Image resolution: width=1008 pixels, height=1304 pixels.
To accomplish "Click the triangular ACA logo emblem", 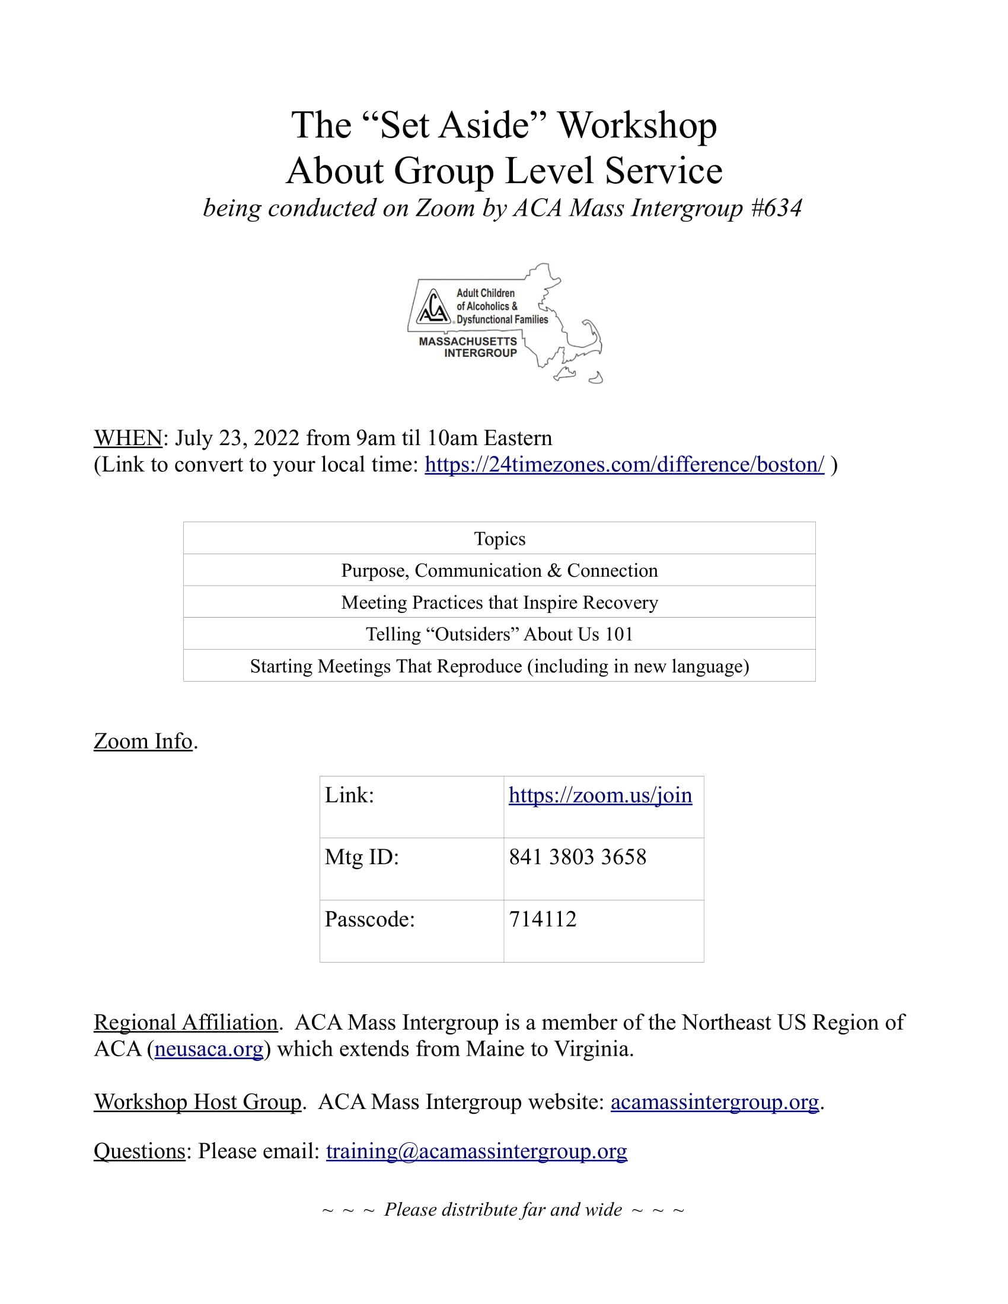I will point(433,306).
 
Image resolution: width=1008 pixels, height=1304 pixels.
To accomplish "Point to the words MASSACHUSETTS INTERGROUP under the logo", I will point(468,347).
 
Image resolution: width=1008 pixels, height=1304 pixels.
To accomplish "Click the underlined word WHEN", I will point(128,437).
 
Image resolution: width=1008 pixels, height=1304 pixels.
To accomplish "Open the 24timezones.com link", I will point(624,465).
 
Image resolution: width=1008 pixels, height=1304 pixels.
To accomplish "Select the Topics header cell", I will point(499,539).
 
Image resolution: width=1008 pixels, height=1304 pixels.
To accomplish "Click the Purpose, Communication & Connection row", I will point(499,570).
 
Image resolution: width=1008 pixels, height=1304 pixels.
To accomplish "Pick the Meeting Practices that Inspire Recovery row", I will point(499,602).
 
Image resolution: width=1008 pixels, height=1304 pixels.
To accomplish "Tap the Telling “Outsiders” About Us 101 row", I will point(499,634).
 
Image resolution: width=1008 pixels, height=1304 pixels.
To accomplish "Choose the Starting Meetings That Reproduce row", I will point(499,666).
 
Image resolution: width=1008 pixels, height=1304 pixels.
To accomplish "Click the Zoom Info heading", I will point(143,741).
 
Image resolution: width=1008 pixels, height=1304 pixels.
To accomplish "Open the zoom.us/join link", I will point(600,795).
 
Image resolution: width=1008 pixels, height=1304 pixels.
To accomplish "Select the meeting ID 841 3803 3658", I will point(578,857).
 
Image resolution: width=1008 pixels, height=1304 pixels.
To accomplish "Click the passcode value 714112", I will point(542,919).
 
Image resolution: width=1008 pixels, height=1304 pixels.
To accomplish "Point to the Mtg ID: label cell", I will point(362,857).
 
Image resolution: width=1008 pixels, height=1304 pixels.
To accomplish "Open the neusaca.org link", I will point(208,1049).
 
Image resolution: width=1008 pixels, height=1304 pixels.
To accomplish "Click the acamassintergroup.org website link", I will point(714,1102).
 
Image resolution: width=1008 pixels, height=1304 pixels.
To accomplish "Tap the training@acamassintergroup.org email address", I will point(476,1150).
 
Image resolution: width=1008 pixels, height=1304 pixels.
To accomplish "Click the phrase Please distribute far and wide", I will point(503,1209).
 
